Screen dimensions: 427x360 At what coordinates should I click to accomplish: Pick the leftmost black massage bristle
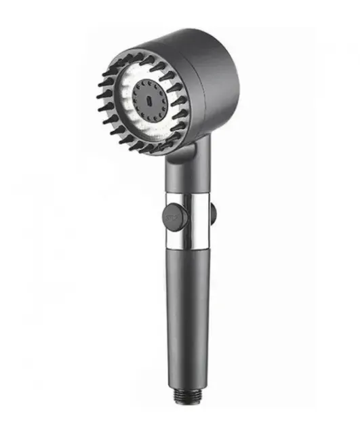pyautogui.click(x=100, y=96)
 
